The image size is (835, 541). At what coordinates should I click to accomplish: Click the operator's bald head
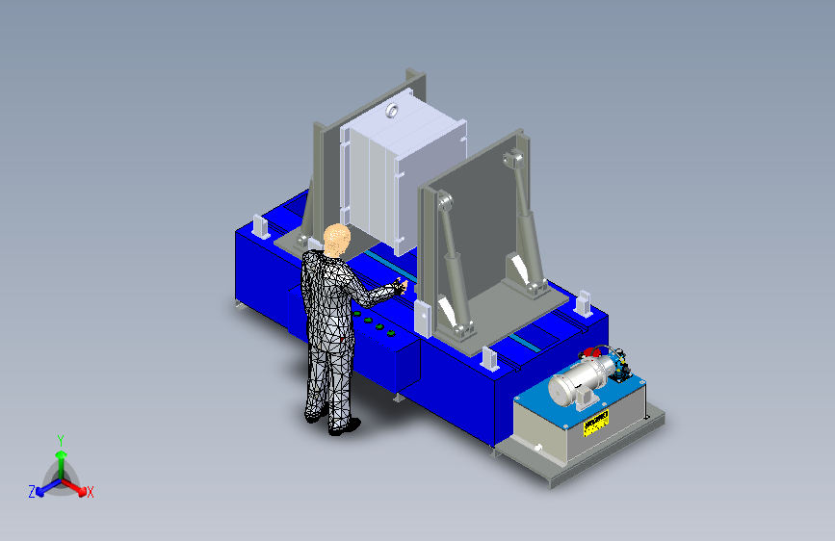pyautogui.click(x=337, y=237)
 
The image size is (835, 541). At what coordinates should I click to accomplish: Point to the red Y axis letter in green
pyautogui.click(x=60, y=440)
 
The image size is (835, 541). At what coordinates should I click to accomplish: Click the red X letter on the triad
pyautogui.click(x=91, y=493)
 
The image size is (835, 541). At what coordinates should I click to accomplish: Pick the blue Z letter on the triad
pyautogui.click(x=32, y=492)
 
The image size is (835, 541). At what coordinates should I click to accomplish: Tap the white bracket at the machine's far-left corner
pyautogui.click(x=259, y=228)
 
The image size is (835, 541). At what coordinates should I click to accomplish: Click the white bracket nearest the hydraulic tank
pyautogui.click(x=488, y=358)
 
